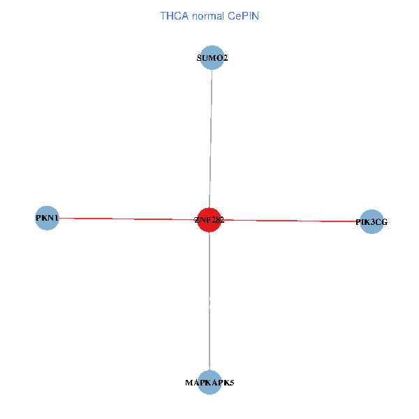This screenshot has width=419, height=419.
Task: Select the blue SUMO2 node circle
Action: coord(212,58)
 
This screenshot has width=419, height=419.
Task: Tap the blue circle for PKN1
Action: coord(47,218)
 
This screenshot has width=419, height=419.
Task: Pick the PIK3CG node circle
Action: coord(372,222)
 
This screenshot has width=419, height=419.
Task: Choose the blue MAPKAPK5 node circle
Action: coord(209,382)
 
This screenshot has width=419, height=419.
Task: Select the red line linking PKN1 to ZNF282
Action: coord(126,219)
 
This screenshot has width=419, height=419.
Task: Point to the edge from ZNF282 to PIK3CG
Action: coord(293,221)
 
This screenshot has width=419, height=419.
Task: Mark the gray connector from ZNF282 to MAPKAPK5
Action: coord(209,300)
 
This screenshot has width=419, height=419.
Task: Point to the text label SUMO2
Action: coord(212,59)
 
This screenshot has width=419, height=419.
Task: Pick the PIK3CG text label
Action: coord(372,223)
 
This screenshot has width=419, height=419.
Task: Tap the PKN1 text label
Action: coord(47,219)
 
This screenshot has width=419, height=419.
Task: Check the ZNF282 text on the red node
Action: coord(209,220)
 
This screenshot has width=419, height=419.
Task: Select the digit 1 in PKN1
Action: coord(56,219)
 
